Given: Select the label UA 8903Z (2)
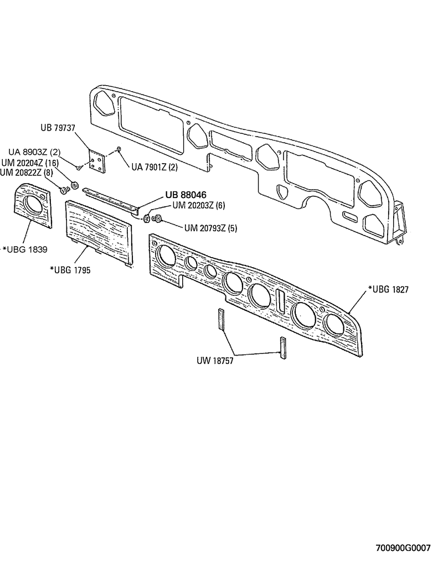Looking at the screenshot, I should (x=34, y=153).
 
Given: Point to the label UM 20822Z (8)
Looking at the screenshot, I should (x=27, y=173).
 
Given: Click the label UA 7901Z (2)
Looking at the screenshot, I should (x=154, y=167).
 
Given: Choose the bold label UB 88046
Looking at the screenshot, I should (x=186, y=195).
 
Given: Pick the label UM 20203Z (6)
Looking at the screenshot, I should (x=198, y=205).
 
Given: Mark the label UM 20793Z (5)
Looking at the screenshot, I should (x=210, y=227).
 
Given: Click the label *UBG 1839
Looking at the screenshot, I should (x=25, y=248).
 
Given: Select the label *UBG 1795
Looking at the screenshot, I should (x=70, y=270).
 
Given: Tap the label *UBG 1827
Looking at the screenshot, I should (x=388, y=289).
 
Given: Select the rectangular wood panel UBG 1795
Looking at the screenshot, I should (x=99, y=232).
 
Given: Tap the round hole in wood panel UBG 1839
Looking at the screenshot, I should (x=31, y=204).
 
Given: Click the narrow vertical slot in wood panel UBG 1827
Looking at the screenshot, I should (x=281, y=299).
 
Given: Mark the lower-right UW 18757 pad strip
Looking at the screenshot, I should (x=282, y=348).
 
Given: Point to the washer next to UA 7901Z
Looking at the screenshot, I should (x=120, y=150).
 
